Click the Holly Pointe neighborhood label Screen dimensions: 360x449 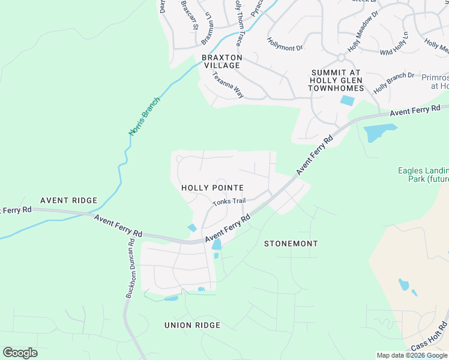pyautogui.click(x=212, y=188)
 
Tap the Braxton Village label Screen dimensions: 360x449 pyautogui.click(x=221, y=61)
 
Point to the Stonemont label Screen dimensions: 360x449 pyautogui.click(x=291, y=244)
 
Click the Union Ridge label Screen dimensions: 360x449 pyautogui.click(x=192, y=325)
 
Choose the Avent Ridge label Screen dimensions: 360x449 pyautogui.click(x=64, y=200)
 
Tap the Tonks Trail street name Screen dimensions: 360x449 pyautogui.click(x=229, y=201)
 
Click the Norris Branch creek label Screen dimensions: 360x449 pyautogui.click(x=145, y=116)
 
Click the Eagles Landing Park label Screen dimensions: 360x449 pyautogui.click(x=423, y=175)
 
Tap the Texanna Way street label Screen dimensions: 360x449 pyautogui.click(x=228, y=85)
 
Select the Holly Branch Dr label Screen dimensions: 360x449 pyautogui.click(x=394, y=83)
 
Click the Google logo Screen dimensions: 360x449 pyautogui.click(x=20, y=353)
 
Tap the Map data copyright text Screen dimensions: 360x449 pyautogui.click(x=412, y=355)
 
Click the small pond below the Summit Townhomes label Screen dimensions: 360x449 pyautogui.click(x=347, y=101)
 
